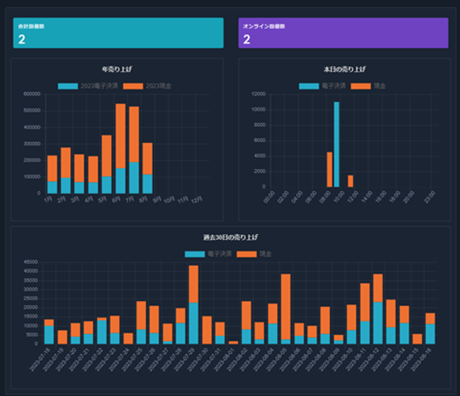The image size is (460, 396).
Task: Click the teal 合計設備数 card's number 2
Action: click(21, 39)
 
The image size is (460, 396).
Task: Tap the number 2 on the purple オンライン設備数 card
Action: click(246, 39)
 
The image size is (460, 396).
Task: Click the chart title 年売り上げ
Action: click(117, 70)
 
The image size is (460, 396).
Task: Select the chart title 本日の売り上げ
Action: click(344, 70)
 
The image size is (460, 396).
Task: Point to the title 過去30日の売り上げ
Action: click(230, 238)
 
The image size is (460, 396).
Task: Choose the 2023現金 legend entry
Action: click(143, 86)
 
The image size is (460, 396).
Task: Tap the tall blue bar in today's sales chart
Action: click(336, 144)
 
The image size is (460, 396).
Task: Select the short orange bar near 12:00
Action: click(350, 181)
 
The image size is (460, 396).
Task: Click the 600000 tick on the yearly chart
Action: click(31, 94)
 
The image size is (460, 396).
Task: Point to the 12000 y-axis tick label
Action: click(258, 94)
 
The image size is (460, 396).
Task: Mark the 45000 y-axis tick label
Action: click(31, 262)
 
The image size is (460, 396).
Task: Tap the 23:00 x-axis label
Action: click(431, 197)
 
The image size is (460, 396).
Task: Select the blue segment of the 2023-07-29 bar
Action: click(193, 323)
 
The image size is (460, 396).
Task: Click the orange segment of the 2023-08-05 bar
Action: click(285, 307)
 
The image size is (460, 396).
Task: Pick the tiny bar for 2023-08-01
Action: click(233, 342)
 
